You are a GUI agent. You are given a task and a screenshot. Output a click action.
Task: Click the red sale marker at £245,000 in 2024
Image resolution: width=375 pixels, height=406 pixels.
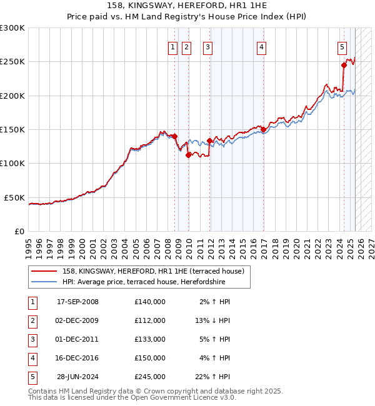click(x=344, y=65)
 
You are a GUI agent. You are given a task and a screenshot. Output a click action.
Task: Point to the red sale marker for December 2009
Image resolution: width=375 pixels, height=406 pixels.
click(x=188, y=156)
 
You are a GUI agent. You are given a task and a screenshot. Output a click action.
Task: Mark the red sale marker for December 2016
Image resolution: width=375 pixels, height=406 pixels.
click(x=264, y=130)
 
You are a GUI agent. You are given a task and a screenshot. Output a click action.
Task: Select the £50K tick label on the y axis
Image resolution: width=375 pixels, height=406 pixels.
click(x=15, y=197)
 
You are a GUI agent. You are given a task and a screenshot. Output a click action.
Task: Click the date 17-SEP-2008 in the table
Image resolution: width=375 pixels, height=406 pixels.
click(x=77, y=302)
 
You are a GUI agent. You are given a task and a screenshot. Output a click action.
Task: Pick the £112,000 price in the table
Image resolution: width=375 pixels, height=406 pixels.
click(x=149, y=320)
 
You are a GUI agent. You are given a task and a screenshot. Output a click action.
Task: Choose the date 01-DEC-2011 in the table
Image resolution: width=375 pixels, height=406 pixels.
click(x=77, y=339)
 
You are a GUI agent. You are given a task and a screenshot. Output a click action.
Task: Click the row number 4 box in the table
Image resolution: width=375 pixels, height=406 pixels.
click(x=31, y=358)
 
